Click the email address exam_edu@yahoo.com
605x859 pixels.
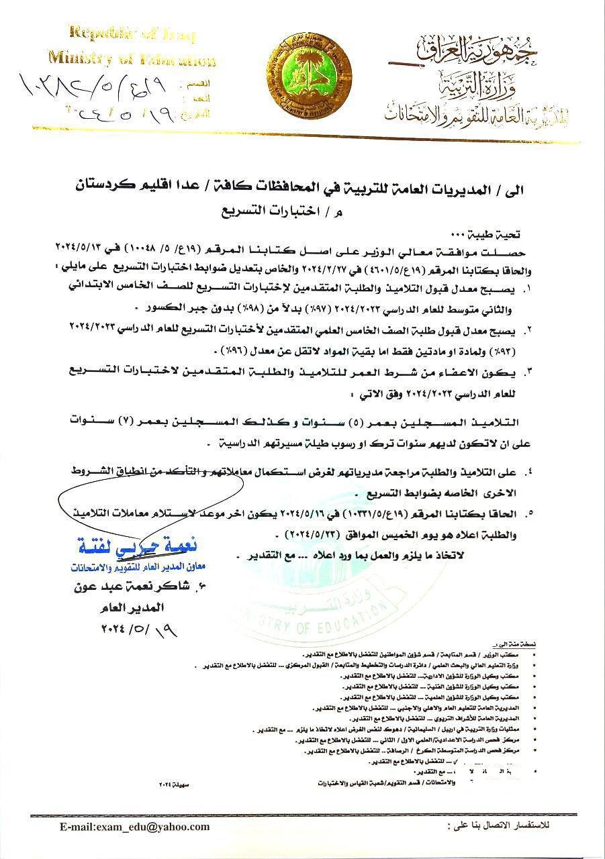click(134, 827)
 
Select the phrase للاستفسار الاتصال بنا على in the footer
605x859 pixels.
click(498, 823)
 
